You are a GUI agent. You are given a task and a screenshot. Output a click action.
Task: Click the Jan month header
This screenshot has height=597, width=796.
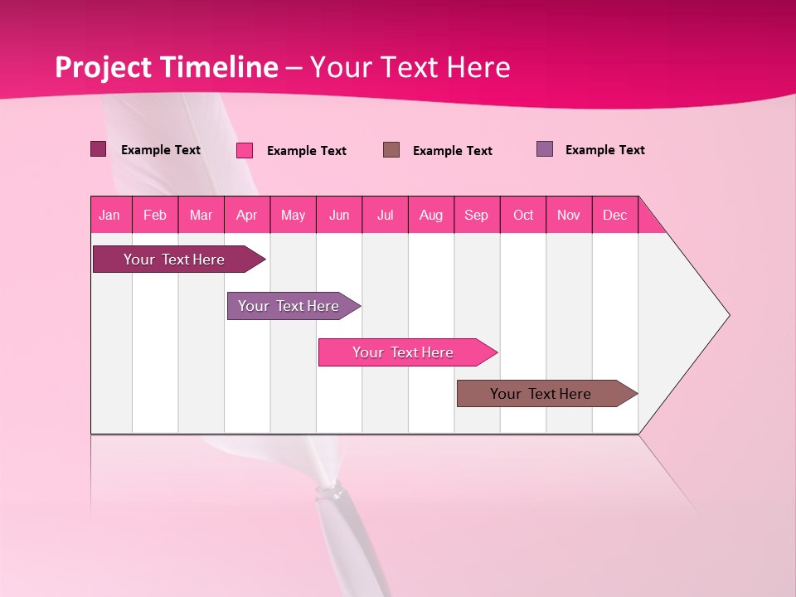pyautogui.click(x=110, y=215)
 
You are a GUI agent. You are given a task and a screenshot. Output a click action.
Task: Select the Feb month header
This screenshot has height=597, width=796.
pyautogui.click(x=155, y=215)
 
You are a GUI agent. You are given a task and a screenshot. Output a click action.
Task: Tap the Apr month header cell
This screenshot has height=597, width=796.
pyautogui.click(x=247, y=215)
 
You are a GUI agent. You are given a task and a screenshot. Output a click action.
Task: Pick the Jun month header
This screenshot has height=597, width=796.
pyautogui.click(x=339, y=215)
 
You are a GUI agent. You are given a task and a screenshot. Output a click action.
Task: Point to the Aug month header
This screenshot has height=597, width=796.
pyautogui.click(x=431, y=215)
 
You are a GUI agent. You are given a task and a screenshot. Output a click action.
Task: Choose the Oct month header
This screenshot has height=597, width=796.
pyautogui.click(x=523, y=215)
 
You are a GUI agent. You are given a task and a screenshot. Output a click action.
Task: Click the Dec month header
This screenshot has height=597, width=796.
pyautogui.click(x=615, y=215)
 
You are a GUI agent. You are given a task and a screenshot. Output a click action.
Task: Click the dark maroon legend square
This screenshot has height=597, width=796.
pyautogui.click(x=99, y=149)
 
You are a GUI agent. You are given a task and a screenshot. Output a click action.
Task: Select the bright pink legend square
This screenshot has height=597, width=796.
pyautogui.click(x=245, y=150)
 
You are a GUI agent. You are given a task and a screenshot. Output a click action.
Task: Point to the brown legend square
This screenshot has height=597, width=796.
pyautogui.click(x=391, y=149)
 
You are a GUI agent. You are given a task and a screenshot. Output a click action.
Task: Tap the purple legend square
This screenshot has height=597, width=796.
pyautogui.click(x=545, y=149)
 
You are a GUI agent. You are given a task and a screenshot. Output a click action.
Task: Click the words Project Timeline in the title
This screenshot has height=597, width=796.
pyautogui.click(x=167, y=67)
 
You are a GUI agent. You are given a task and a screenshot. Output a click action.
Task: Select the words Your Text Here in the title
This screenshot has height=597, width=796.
pyautogui.click(x=410, y=67)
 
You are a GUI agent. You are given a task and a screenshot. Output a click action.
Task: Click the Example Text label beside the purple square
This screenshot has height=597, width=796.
pyautogui.click(x=604, y=150)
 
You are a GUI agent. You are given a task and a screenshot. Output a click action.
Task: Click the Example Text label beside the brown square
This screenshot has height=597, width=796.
pyautogui.click(x=452, y=151)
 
